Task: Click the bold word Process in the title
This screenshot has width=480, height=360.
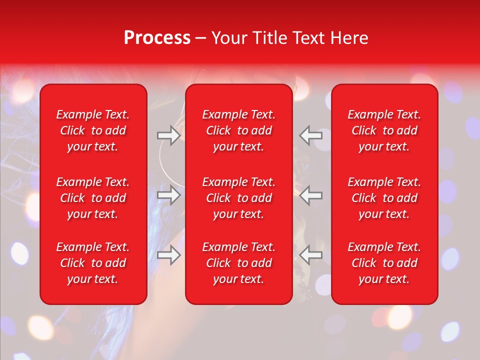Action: [157, 38]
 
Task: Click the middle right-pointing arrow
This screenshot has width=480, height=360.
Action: [169, 195]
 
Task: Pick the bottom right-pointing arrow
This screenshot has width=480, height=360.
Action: [169, 255]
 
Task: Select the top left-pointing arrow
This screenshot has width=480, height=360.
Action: [311, 135]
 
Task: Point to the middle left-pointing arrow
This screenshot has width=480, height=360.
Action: [311, 195]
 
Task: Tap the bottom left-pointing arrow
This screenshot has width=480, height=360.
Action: [311, 255]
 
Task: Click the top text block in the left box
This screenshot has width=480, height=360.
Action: [93, 130]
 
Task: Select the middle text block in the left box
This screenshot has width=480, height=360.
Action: [93, 198]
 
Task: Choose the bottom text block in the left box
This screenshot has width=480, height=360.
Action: [93, 263]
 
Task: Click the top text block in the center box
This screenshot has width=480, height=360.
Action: [239, 130]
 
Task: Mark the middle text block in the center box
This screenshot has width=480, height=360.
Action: [239, 198]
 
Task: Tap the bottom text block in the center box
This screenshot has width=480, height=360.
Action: [239, 263]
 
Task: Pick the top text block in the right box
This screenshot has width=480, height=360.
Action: [384, 130]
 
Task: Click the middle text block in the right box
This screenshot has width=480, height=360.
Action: [384, 198]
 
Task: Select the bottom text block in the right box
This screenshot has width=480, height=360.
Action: [384, 263]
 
